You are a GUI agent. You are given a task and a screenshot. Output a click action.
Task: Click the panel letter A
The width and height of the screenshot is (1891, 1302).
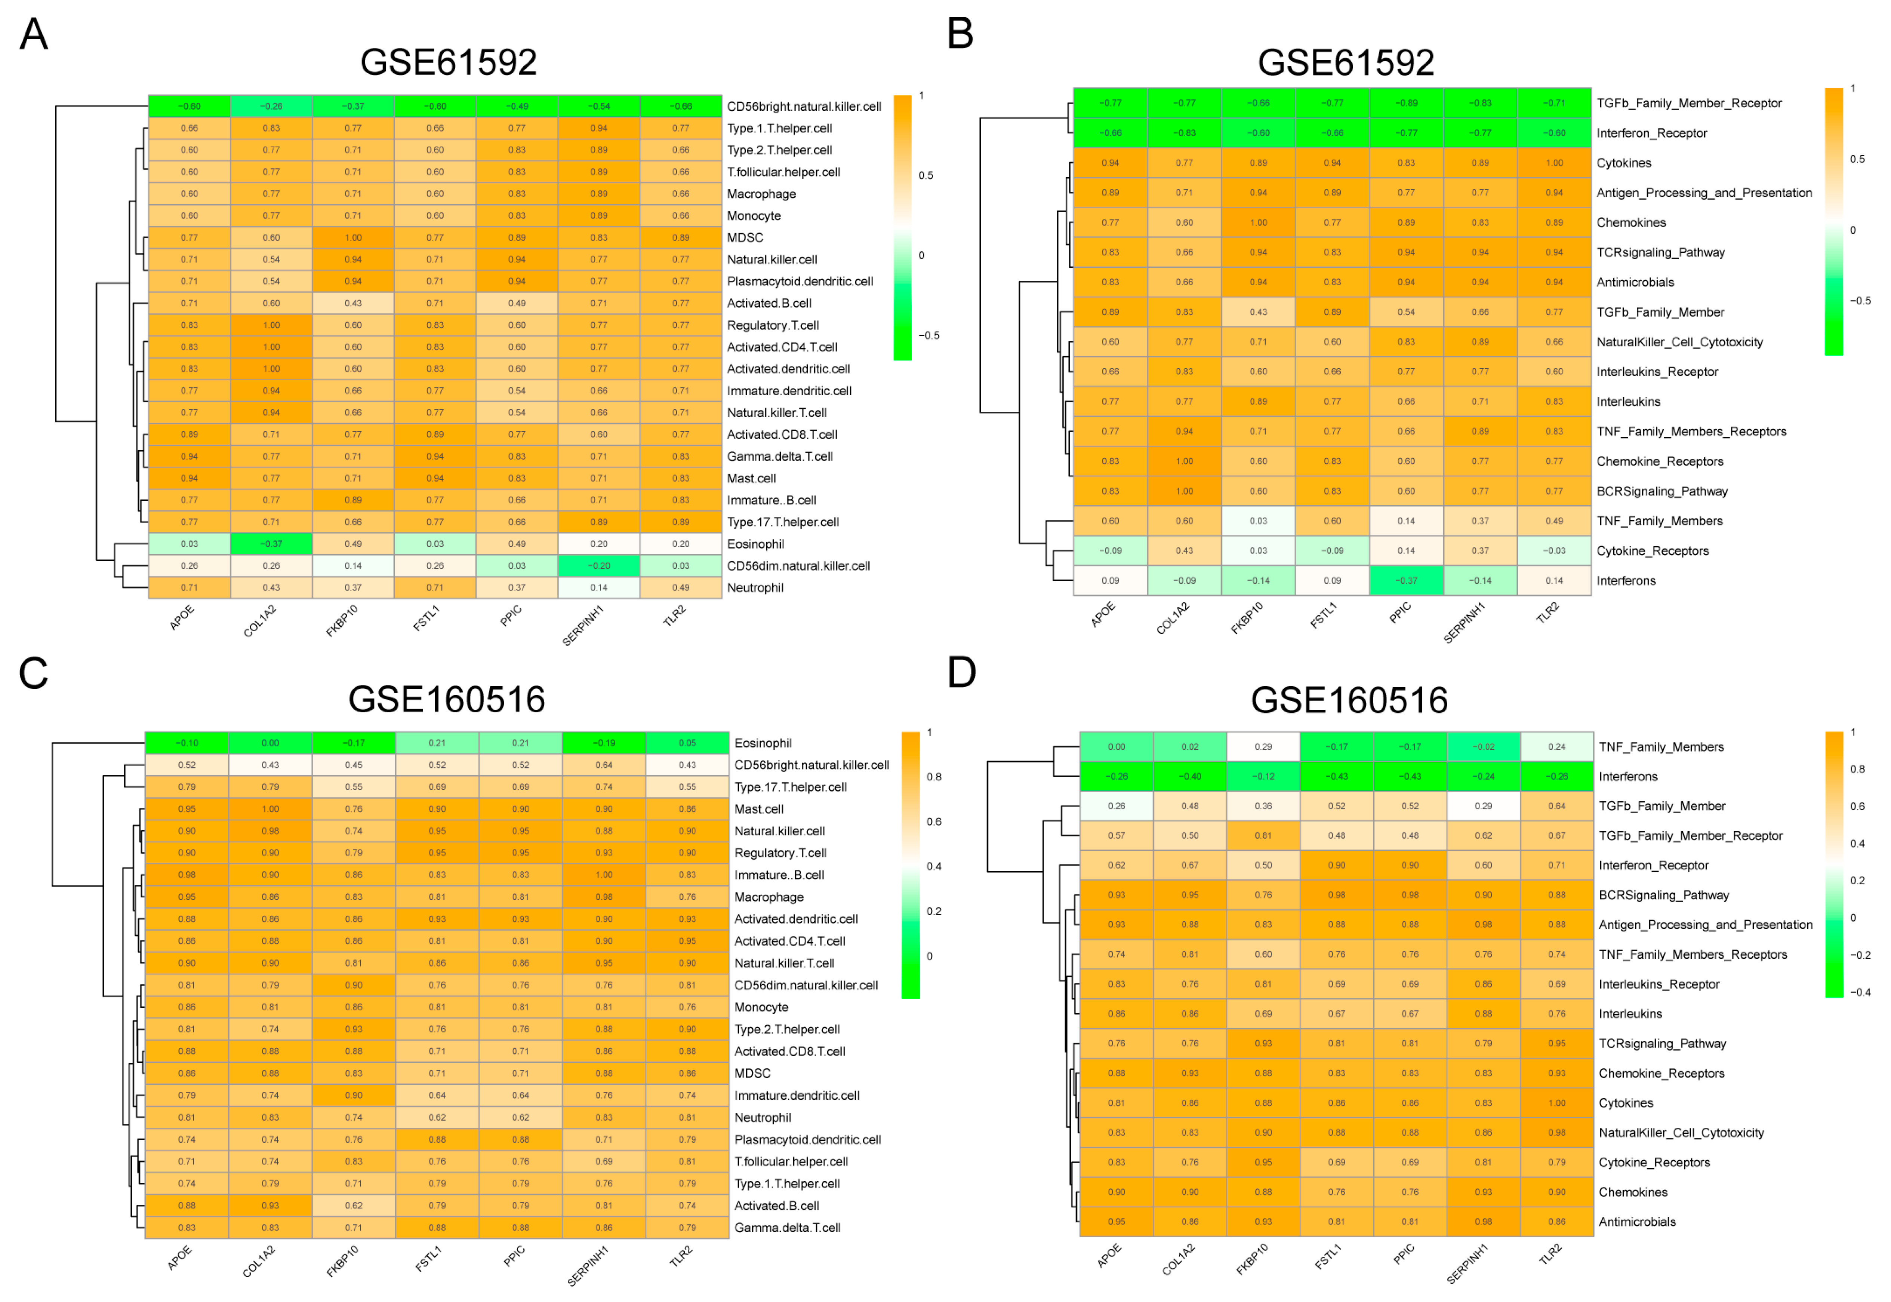click(33, 34)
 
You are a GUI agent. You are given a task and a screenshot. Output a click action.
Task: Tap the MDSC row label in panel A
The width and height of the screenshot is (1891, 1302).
click(745, 237)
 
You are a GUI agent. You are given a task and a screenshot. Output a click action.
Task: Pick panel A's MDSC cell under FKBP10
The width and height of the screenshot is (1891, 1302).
click(353, 237)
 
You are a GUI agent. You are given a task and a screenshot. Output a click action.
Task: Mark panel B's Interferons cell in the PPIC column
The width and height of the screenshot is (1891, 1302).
click(1406, 580)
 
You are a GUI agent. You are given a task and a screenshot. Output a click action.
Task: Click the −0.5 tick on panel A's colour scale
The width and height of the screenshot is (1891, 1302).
click(929, 335)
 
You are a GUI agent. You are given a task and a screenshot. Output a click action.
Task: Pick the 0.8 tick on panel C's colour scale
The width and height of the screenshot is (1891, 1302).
click(934, 777)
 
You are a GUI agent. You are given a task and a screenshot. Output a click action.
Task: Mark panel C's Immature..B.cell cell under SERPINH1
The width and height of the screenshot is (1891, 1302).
click(603, 875)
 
